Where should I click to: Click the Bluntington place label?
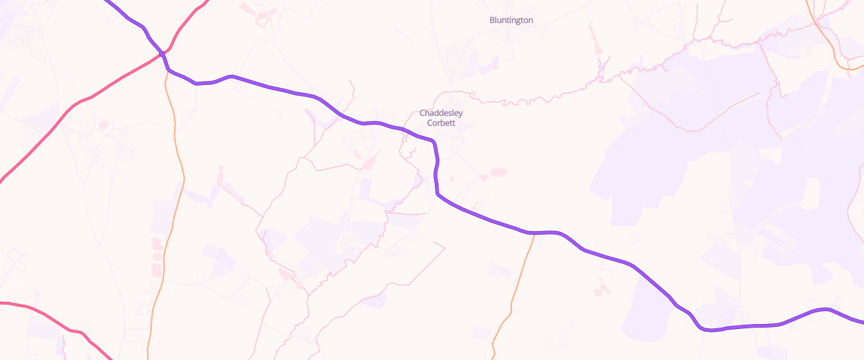pos(511,20)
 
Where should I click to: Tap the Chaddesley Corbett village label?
pos(441,118)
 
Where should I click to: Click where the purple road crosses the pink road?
pos(163,53)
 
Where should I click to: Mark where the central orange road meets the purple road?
pos(534,233)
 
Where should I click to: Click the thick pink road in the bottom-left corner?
pos(43,311)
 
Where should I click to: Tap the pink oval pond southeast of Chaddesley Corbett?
pos(498,172)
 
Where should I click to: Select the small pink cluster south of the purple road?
pos(600,289)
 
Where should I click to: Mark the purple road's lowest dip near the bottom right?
pos(709,330)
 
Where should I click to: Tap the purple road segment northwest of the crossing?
pos(130,19)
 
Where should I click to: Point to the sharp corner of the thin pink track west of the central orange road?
pos(445,248)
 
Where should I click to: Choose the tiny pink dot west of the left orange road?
pos(102,125)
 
